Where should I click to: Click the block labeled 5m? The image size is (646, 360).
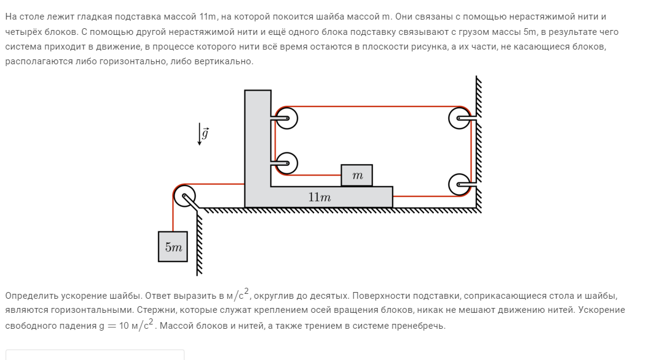173,246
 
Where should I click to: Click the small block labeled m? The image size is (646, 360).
357,176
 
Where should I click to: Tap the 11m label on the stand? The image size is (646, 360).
319,197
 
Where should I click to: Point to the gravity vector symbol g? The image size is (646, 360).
205,133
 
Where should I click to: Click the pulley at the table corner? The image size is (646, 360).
184,196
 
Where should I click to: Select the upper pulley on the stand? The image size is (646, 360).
286,118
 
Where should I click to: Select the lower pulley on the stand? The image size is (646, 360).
286,163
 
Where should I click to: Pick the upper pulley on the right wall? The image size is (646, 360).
459,118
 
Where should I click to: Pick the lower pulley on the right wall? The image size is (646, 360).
459,184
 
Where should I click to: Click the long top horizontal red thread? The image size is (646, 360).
373,107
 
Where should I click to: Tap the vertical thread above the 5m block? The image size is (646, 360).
173,214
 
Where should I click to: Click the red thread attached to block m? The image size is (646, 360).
313,175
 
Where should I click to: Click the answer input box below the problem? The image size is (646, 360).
95,354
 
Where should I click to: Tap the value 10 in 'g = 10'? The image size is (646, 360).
124,325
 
